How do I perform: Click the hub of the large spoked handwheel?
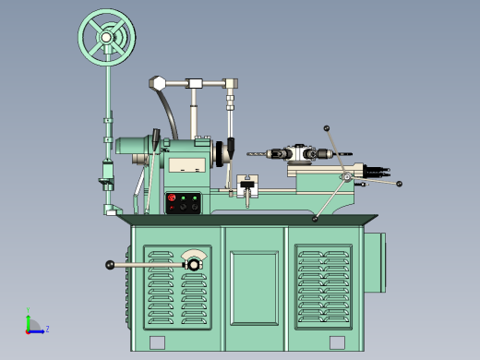click(106, 37)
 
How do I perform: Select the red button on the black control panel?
click(171, 198)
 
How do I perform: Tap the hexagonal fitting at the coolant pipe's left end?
click(159, 84)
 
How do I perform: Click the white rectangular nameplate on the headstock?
click(188, 164)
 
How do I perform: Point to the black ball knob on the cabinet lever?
click(110, 266)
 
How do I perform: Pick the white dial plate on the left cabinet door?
click(194, 256)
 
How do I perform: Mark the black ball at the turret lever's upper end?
click(326, 128)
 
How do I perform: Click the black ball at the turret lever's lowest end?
click(315, 220)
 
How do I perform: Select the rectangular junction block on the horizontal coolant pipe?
click(195, 84)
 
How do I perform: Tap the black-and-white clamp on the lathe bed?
click(246, 186)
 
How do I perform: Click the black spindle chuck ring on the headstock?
click(222, 153)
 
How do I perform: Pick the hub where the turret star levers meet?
click(344, 176)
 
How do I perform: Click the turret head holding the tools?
click(304, 153)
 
